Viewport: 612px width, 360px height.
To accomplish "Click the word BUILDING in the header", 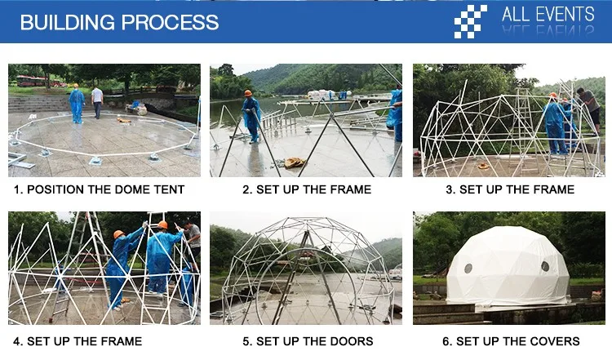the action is click(68, 22).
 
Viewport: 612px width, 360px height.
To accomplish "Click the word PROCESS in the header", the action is click(171, 22).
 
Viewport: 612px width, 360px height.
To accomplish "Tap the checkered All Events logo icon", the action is click(470, 21).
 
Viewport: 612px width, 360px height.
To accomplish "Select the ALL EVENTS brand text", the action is click(548, 15).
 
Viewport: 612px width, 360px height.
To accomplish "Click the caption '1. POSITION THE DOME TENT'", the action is click(99, 189).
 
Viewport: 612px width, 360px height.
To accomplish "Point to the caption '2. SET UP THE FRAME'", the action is click(307, 189).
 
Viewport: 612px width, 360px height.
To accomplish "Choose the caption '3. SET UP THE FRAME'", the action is click(510, 189).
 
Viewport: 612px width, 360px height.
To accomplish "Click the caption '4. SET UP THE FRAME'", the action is click(78, 341).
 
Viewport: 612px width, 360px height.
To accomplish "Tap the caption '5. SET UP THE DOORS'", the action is click(308, 341).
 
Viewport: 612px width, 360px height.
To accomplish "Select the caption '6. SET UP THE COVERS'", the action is click(511, 341).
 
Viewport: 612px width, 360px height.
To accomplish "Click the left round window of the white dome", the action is click(468, 269).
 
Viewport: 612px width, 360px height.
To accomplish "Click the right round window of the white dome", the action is click(545, 266).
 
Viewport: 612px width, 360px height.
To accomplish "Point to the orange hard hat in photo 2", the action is click(248, 93).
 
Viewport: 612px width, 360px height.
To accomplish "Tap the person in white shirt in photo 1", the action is click(97, 102).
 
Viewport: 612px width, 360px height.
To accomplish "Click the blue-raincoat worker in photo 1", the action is click(77, 104).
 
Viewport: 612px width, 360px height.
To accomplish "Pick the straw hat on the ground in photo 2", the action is click(294, 162).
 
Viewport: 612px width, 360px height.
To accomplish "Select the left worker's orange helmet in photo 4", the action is click(118, 234).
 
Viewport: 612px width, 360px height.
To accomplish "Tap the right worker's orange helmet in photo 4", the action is click(162, 225).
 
